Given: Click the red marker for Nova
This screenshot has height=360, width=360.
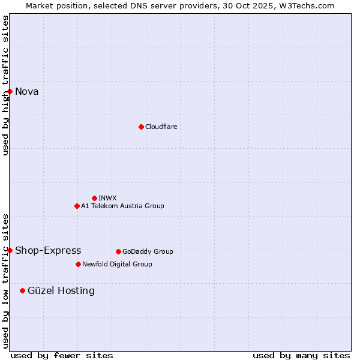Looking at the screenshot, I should point(10,91).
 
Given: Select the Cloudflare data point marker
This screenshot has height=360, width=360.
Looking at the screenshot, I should point(141,127).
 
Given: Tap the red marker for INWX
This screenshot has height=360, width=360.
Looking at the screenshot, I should point(94,198).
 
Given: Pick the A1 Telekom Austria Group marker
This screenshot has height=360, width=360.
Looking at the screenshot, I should point(77,206).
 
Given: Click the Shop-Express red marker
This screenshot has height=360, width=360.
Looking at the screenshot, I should point(10,250).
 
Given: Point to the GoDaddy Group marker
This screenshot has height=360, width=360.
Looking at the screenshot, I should point(118,251).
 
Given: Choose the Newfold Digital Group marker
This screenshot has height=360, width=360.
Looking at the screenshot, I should point(78,264).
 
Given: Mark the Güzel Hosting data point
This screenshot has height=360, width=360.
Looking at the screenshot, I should point(23,290).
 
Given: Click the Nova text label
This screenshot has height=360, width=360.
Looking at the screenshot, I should point(27,91).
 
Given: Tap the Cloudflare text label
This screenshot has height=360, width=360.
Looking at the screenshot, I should point(161,127).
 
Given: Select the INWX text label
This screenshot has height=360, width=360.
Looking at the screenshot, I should point(107,198).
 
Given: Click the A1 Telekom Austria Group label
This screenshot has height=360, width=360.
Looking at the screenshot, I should point(122,206).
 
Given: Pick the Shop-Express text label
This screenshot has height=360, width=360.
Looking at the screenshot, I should point(48,250).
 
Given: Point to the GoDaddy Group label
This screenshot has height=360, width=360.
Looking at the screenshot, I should point(148,251).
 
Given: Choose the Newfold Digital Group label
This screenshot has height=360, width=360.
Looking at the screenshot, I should point(117,264).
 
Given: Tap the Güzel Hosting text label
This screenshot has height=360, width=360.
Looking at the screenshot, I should point(61,290).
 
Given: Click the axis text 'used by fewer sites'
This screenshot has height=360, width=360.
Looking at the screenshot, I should point(62,355).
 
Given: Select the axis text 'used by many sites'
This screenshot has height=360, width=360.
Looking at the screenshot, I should point(301,355).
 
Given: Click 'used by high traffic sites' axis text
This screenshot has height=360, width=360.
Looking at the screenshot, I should point(5,85).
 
